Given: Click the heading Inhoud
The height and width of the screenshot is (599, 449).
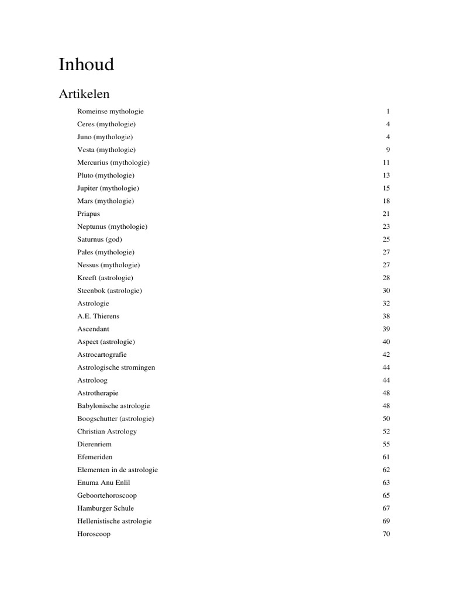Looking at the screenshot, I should pos(86,64).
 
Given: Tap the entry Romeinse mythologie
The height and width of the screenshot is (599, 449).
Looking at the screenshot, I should pos(110,111).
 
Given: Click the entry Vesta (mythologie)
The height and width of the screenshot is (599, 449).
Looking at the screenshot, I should pos(106,150).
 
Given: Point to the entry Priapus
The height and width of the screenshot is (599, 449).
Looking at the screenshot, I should pos(88,214).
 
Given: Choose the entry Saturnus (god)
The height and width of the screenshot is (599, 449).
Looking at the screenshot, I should pos(99,239).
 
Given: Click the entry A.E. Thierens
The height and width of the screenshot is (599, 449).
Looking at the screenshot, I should pos(98,316).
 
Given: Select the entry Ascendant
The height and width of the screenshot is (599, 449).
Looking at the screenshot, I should pos(93,329).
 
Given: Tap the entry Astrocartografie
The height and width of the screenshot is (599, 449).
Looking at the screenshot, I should pos(102,354).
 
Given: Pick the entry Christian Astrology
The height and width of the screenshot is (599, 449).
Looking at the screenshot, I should pos(106,431).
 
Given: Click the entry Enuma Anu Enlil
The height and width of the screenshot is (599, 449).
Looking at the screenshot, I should pos(103,483).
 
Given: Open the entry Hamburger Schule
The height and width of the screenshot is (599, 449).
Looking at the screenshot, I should pos(105,508).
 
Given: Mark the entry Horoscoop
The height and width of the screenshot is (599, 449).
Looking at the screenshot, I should pos(94,534).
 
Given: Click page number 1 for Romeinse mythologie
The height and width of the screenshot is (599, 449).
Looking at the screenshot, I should pos(388,111).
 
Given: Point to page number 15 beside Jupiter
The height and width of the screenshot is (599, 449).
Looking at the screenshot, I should pos(386,188).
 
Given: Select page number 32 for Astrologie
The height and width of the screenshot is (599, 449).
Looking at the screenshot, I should pos(386,303).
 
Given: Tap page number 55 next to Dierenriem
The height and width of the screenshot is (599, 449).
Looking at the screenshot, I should pos(386,444).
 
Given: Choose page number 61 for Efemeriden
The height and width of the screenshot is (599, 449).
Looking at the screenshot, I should pos(386,457).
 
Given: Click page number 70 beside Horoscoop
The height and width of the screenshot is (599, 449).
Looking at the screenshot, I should pos(386,534).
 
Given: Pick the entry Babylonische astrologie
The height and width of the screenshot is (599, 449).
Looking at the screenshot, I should pos(113,405).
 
